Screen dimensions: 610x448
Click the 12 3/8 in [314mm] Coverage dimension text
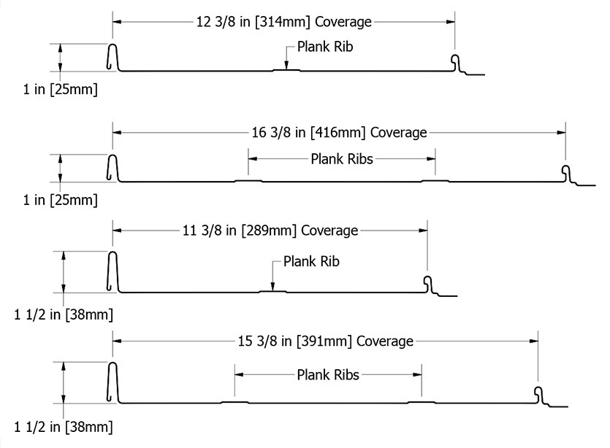click(284, 22)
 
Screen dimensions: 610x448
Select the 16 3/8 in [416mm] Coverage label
click(339, 133)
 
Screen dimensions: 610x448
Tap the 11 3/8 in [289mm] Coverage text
click(270, 231)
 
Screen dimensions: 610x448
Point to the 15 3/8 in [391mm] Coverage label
click(326, 341)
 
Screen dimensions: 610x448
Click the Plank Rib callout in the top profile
click(325, 47)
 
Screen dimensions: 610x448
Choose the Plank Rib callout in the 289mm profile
click(311, 261)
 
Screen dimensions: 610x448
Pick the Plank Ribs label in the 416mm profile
click(342, 159)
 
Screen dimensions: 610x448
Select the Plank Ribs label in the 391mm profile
click(328, 375)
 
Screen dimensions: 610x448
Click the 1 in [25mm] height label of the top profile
click(61, 89)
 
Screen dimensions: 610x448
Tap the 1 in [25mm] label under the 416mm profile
click(61, 200)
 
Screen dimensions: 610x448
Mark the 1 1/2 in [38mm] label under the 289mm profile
click(64, 314)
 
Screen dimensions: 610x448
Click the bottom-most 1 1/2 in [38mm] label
click(64, 427)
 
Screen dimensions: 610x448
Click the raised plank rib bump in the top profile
click(286, 70)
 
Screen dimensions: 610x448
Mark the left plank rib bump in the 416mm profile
click(248, 181)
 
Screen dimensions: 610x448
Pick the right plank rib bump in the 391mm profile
click(422, 402)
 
